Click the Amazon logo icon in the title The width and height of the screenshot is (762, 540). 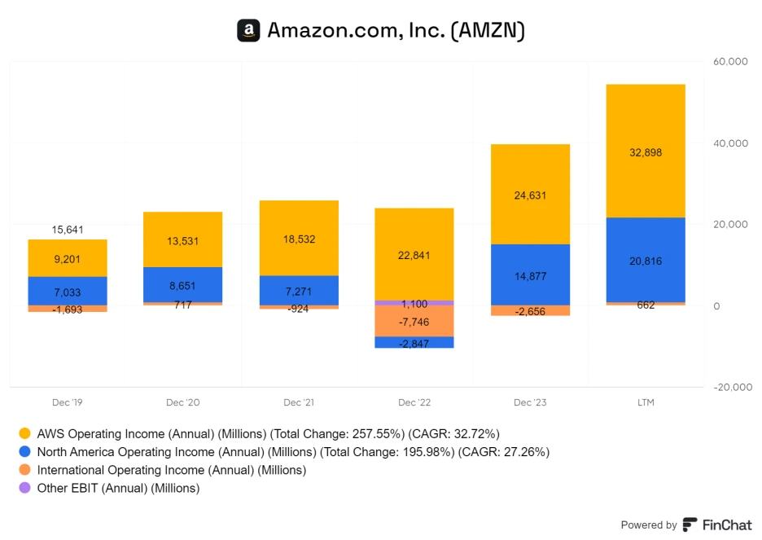click(x=248, y=31)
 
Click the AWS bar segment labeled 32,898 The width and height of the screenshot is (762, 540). click(x=645, y=151)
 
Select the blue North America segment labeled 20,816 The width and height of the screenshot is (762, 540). click(x=645, y=261)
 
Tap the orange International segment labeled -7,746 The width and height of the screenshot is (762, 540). click(x=414, y=322)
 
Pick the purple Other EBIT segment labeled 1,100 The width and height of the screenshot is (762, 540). click(x=414, y=303)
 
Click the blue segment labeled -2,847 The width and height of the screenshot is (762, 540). click(x=414, y=342)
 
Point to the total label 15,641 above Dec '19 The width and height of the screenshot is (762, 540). click(x=68, y=230)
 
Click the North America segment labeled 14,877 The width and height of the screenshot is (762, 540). click(x=530, y=275)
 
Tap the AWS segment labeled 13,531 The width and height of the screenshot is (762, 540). click(x=183, y=240)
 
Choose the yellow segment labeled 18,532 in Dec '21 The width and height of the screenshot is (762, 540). click(x=299, y=239)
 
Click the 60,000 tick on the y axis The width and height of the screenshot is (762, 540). click(x=729, y=61)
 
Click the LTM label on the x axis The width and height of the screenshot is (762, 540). click(x=645, y=402)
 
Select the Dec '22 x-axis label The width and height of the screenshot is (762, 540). click(x=414, y=402)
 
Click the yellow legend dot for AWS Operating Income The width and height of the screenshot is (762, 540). click(x=24, y=434)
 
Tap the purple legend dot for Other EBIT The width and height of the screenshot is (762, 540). click(x=24, y=488)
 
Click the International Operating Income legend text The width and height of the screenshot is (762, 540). click(x=172, y=470)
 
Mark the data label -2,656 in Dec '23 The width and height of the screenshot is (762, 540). click(x=530, y=311)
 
